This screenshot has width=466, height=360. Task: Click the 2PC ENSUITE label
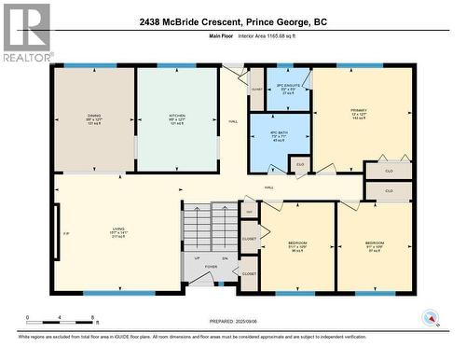tap(286, 85)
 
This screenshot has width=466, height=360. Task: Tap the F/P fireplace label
tap(65, 232)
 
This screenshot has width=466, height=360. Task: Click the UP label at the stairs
tap(197, 258)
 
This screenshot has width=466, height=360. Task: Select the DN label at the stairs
tap(225, 258)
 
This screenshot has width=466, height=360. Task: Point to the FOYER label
tap(211, 266)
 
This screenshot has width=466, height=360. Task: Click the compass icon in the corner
tap(428, 316)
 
